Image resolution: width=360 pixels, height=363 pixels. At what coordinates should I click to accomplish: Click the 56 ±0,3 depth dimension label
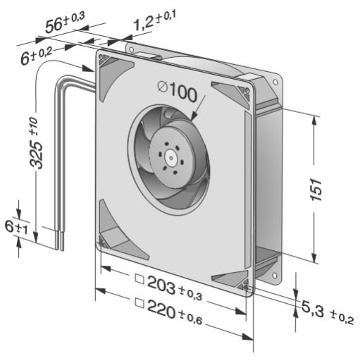[65, 22]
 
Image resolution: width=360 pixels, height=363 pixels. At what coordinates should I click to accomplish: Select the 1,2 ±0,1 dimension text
[155, 20]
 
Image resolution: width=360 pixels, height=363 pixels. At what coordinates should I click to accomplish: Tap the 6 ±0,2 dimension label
[37, 56]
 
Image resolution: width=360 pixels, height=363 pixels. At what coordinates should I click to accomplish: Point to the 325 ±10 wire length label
[36, 142]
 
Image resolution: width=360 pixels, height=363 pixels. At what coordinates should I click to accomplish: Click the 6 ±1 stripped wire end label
[16, 228]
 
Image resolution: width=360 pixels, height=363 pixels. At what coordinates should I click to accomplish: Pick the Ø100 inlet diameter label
[177, 92]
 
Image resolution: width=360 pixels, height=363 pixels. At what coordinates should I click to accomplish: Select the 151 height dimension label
[316, 190]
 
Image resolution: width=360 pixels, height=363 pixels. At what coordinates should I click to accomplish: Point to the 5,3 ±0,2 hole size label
[327, 312]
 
